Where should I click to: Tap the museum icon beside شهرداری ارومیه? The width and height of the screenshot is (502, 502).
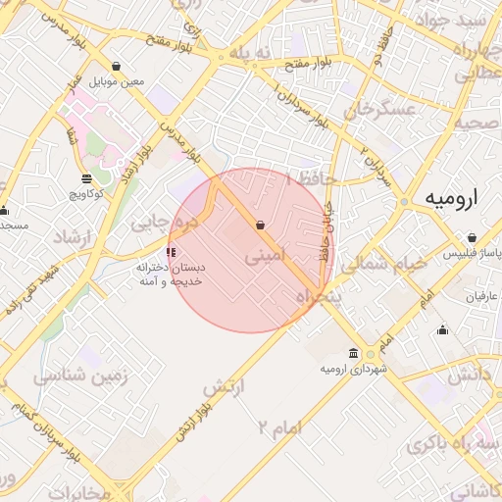(x=353, y=353)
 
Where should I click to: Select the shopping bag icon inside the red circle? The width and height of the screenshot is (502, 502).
(x=260, y=225)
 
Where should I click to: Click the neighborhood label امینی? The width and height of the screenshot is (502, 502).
(x=267, y=258)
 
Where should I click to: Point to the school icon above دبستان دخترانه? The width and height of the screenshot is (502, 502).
(x=173, y=251)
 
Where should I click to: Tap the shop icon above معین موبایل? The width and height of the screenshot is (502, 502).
(x=118, y=67)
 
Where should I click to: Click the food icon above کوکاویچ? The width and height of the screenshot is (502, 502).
(x=86, y=178)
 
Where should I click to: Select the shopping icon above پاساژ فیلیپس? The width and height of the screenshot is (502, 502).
(x=473, y=237)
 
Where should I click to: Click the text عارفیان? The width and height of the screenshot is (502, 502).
(x=469, y=296)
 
